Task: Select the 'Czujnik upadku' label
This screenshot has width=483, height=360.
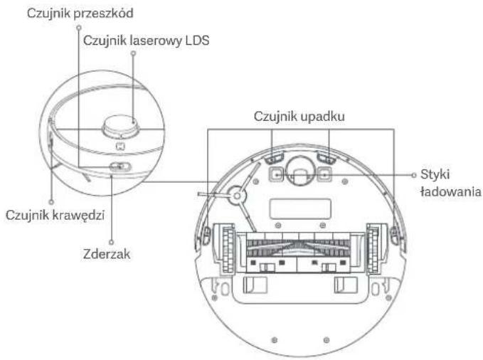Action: (298, 117)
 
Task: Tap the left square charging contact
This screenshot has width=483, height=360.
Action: (274, 172)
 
